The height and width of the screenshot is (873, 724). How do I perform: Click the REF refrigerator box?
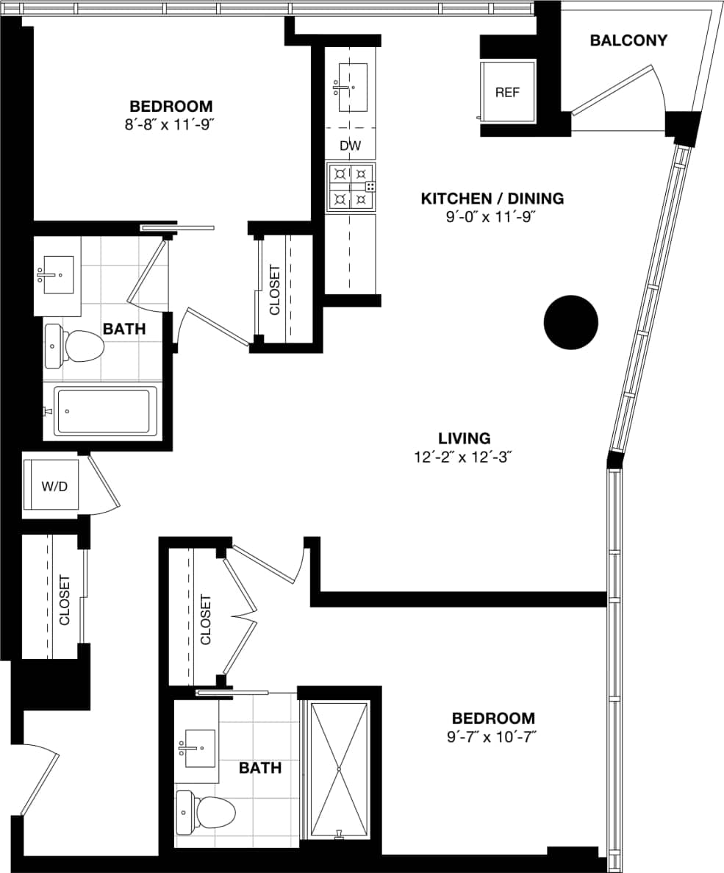pos(508,92)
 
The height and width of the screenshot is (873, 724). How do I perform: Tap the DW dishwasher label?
pos(351,146)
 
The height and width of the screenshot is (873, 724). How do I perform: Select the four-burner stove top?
pos(351,187)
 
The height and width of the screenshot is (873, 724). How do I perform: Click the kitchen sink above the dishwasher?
pos(351,88)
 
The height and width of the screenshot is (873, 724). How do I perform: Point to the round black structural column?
pos(571,322)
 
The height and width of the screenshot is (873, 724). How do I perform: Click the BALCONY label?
pos(628,40)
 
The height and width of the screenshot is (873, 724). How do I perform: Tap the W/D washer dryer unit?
pos(51,485)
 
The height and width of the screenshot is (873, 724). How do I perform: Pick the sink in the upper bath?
pos(58,274)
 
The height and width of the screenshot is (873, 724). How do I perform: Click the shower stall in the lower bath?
pos(339,769)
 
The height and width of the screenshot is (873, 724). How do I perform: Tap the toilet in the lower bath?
pos(206,813)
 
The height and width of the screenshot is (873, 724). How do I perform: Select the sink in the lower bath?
pos(199,749)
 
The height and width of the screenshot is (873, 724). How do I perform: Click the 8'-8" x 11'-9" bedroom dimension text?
pos(171,124)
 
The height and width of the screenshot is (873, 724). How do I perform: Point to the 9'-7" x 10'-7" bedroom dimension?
pos(493,736)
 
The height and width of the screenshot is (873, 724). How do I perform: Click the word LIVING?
pos(462,438)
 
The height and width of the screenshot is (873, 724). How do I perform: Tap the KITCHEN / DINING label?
pos(492,199)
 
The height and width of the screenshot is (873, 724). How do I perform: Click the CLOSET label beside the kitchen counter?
pos(275,290)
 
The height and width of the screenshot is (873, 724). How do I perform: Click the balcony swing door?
pos(612,89)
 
